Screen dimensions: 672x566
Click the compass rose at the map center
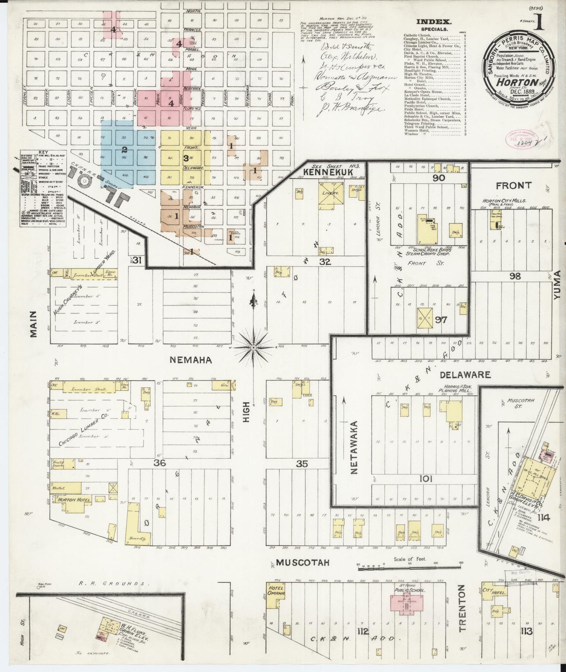point(253,347)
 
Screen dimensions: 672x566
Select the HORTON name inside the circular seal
point(522,82)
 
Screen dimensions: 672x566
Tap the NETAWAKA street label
point(354,447)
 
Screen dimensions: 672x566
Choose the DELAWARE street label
point(465,375)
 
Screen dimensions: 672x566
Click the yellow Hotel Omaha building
point(275,596)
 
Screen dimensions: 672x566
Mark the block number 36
point(160,463)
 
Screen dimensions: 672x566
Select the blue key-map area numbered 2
point(125,149)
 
